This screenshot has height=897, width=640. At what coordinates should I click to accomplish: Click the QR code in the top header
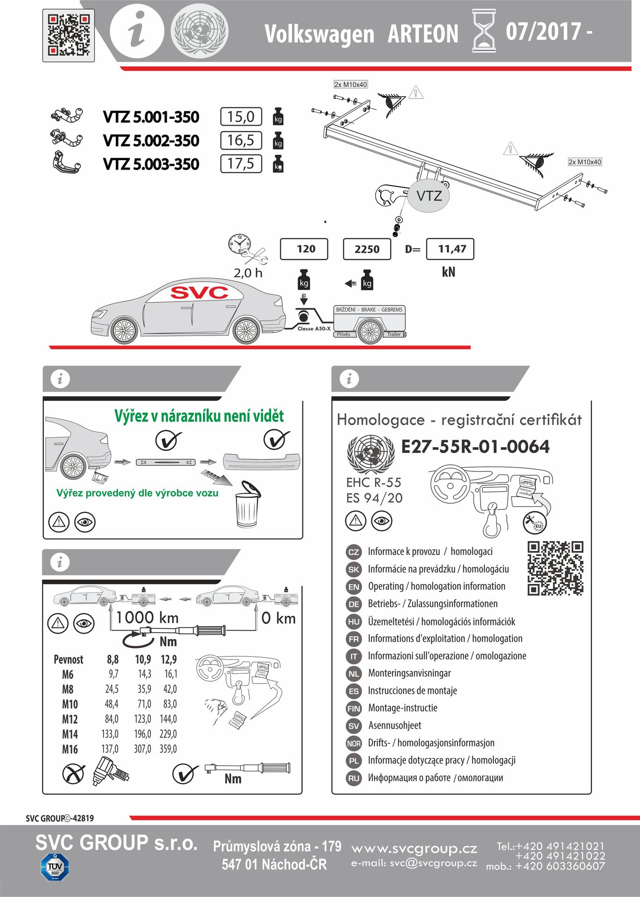click(68, 35)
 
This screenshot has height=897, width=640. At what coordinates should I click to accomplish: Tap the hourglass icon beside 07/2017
click(484, 31)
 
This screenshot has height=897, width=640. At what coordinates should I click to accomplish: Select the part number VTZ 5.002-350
click(151, 141)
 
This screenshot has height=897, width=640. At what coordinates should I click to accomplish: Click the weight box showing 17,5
click(241, 164)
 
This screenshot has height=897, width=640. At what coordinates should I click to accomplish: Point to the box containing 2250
click(367, 249)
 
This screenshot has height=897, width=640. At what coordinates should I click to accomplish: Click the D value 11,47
click(451, 249)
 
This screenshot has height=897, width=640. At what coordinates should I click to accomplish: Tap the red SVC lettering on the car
click(199, 293)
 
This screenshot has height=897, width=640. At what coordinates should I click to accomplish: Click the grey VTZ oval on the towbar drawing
click(429, 196)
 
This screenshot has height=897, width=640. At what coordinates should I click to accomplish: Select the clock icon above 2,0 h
click(239, 244)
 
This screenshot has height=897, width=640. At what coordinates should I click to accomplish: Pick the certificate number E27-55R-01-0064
click(475, 447)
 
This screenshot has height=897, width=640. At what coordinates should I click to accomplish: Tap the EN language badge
click(354, 587)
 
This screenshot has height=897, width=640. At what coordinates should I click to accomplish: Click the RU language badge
click(354, 778)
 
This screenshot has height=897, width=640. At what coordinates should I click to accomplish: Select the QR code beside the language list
click(555, 569)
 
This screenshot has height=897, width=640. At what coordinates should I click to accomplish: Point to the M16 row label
click(70, 749)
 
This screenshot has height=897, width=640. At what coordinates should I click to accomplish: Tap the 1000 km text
click(148, 618)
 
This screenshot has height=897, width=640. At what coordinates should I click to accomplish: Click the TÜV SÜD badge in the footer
click(55, 867)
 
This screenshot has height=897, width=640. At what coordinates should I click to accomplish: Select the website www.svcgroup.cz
click(414, 848)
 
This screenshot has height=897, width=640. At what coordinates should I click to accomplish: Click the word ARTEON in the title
click(423, 34)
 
